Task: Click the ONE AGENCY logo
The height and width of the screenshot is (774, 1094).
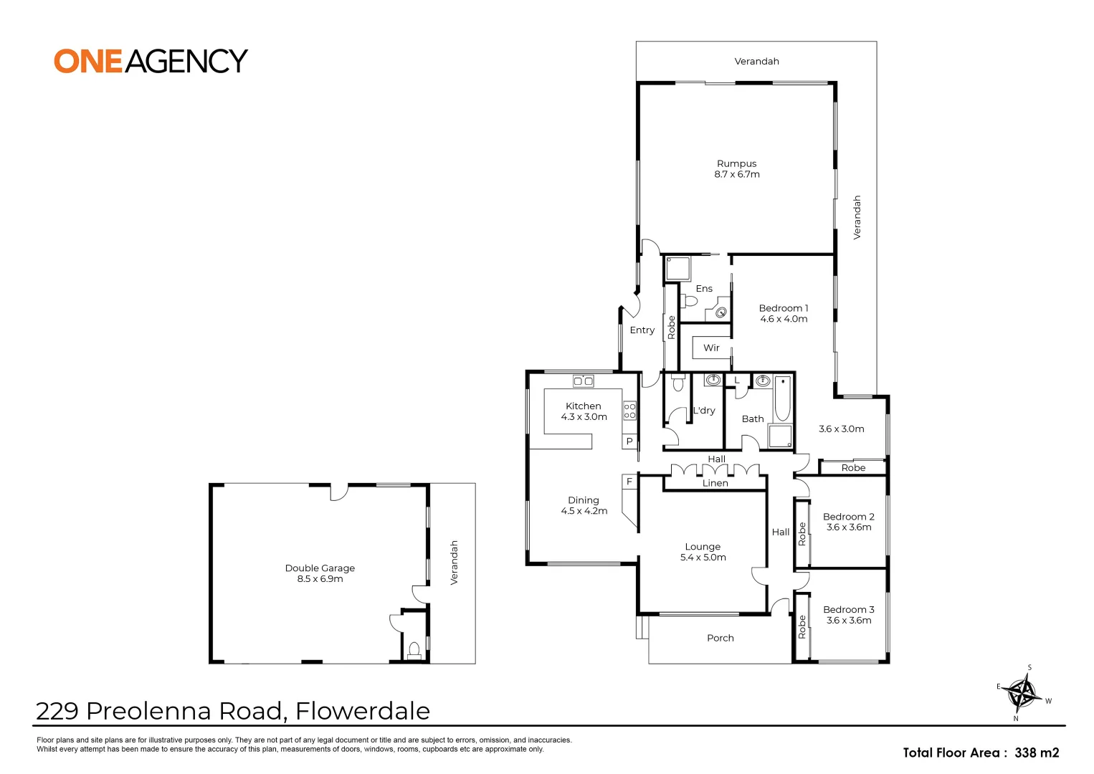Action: (151, 61)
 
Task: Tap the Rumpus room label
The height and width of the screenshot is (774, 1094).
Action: (736, 163)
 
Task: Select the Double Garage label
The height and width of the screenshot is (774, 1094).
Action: (320, 568)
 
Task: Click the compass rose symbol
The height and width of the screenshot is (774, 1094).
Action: (1022, 693)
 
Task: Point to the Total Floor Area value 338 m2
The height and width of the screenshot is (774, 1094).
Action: (1036, 752)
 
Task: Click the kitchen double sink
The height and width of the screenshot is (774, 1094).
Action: (583, 381)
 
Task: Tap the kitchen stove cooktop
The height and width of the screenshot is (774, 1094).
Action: (629, 411)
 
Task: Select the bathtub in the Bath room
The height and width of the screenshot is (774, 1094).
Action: (782, 398)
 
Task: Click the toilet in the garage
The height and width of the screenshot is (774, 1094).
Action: (414, 650)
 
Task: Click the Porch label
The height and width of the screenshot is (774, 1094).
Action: (720, 638)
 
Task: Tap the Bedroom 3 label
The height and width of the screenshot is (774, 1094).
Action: (848, 610)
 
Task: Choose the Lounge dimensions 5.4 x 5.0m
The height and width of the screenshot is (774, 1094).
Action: (703, 558)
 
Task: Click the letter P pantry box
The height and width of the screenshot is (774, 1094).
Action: (629, 441)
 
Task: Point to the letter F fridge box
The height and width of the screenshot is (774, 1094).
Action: (629, 482)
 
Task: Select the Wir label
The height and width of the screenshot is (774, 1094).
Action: (711, 348)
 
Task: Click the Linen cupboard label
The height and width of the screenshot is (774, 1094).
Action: (715, 484)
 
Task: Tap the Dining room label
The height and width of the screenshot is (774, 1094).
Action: (583, 500)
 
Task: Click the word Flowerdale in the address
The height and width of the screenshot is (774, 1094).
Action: (363, 711)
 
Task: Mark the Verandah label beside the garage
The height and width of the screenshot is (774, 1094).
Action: (454, 563)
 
